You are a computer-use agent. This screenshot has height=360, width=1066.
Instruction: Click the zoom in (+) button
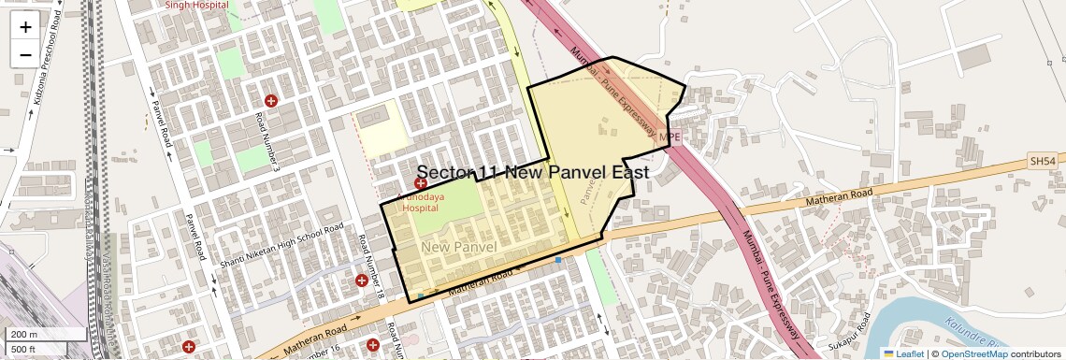click(x=25, y=26)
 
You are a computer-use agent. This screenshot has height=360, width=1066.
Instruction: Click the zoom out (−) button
click(x=25, y=54)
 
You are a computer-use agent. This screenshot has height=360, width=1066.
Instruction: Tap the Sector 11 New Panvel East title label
click(x=532, y=173)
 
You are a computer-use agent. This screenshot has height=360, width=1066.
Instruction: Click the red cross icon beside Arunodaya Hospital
click(x=422, y=184)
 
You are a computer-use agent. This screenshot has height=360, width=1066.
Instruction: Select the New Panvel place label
click(x=458, y=246)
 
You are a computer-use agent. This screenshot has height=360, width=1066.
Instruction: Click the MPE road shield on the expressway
click(x=669, y=137)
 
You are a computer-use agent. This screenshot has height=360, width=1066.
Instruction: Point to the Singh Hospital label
click(x=196, y=5)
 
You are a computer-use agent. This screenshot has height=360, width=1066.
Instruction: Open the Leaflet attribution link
click(x=902, y=353)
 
